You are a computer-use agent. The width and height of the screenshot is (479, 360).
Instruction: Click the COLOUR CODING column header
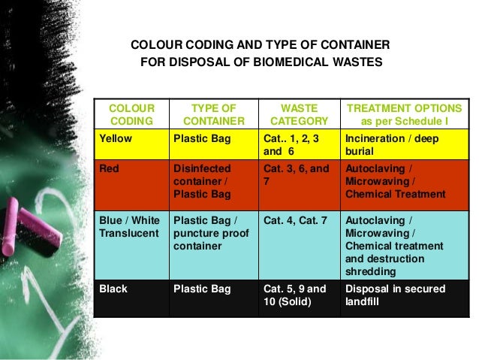[x=132, y=114]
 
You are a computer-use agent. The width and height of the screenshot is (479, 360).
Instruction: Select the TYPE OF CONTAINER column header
[x=214, y=114]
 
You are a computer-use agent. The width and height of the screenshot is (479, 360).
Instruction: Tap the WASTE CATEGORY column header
[x=299, y=114]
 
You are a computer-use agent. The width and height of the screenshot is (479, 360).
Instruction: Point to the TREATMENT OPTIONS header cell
[x=404, y=114]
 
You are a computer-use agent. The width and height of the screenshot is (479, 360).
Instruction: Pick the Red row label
[x=110, y=169]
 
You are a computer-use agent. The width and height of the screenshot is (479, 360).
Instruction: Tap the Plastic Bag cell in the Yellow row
[x=201, y=138]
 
